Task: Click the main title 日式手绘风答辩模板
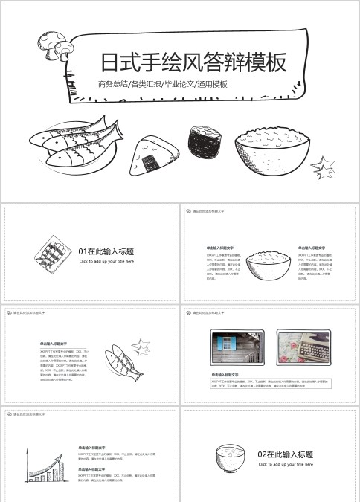[193, 62]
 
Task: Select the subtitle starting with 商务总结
[162, 84]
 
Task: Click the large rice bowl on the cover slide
[271, 153]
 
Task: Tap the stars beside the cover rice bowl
[324, 167]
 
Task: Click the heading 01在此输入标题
[106, 252]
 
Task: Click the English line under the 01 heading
[106, 262]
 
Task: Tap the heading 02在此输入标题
[285, 454]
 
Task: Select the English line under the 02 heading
[285, 464]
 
